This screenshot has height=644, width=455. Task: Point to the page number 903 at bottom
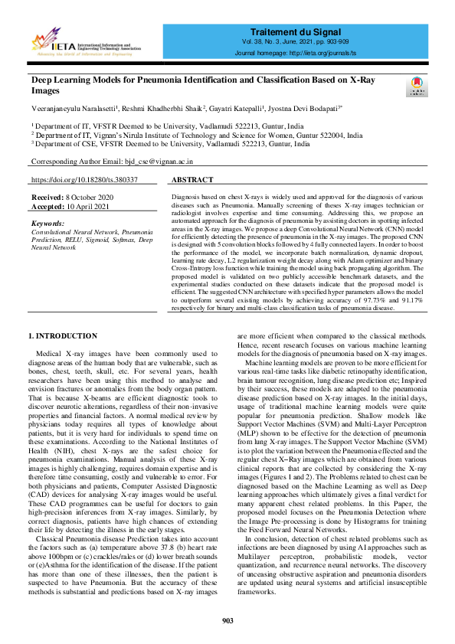pyautogui.click(x=227, y=620)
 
